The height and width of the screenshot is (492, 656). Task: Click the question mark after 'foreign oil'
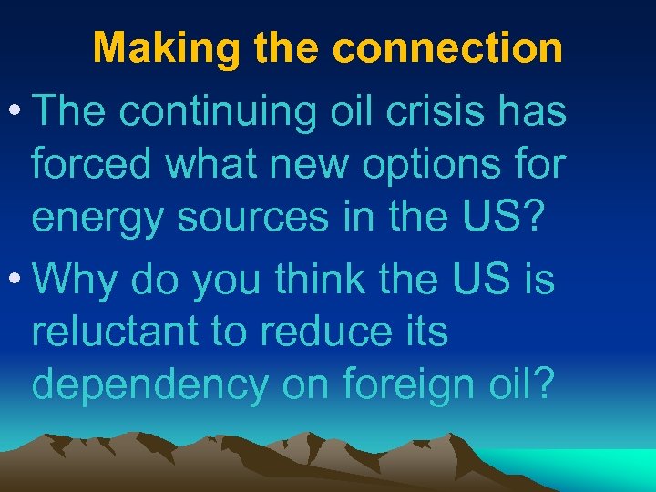click(541, 385)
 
